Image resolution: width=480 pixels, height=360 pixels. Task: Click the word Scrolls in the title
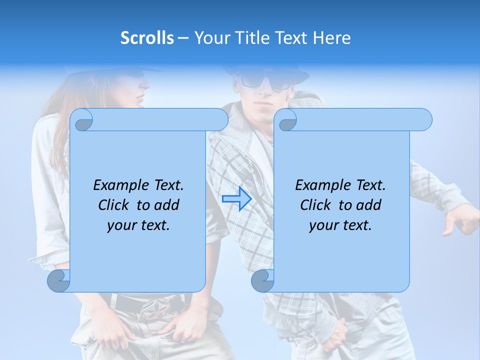[x=147, y=38]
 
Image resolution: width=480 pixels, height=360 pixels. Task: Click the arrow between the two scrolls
[x=236, y=199]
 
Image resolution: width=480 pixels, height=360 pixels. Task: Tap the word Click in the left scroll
[x=115, y=205]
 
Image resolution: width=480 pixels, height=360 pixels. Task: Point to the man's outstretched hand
[x=460, y=220]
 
